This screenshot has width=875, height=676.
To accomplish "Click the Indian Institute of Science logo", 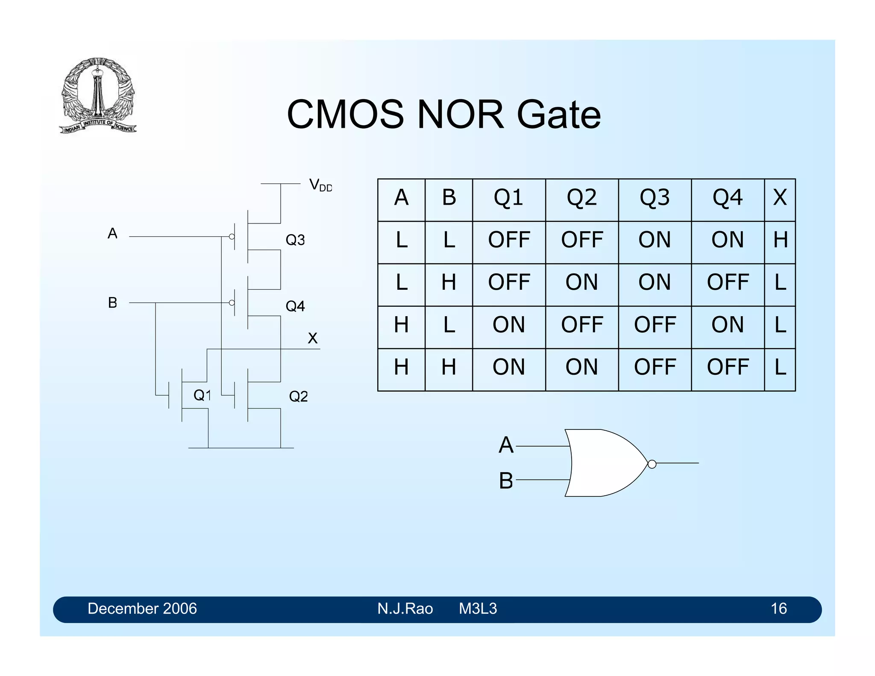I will coord(98,95).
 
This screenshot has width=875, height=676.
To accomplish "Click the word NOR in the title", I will coord(460,115).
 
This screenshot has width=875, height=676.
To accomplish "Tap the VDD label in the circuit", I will coord(320,185).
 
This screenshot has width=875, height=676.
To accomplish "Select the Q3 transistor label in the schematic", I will coord(295,240).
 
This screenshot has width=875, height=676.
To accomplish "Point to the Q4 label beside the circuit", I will coord(295,306).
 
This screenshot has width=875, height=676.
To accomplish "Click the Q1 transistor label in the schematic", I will coord(202,395).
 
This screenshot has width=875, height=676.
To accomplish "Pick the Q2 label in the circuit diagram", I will coord(298,397).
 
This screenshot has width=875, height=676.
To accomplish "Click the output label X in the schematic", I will coord(312,338).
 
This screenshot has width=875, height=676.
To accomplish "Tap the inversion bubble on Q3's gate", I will coord(232,236).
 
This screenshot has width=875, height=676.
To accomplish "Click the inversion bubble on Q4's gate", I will coord(232,303).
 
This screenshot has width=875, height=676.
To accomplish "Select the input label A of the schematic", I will coord(112,234).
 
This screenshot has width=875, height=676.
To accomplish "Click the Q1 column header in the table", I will coord(508,198).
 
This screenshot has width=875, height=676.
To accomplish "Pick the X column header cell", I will coord(780,198).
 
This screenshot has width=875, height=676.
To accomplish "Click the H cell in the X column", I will coord(780,240).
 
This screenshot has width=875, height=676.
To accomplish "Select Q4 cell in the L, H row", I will coord(728,282).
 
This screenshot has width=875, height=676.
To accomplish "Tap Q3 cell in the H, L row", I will coord(655,325).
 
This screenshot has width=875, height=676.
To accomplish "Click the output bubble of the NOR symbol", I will coord(652,464).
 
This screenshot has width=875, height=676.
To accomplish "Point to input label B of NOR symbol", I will coord(506,480).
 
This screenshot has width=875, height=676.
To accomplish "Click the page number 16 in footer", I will coord(778,608).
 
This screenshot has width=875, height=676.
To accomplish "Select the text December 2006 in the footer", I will coord(142,608).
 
